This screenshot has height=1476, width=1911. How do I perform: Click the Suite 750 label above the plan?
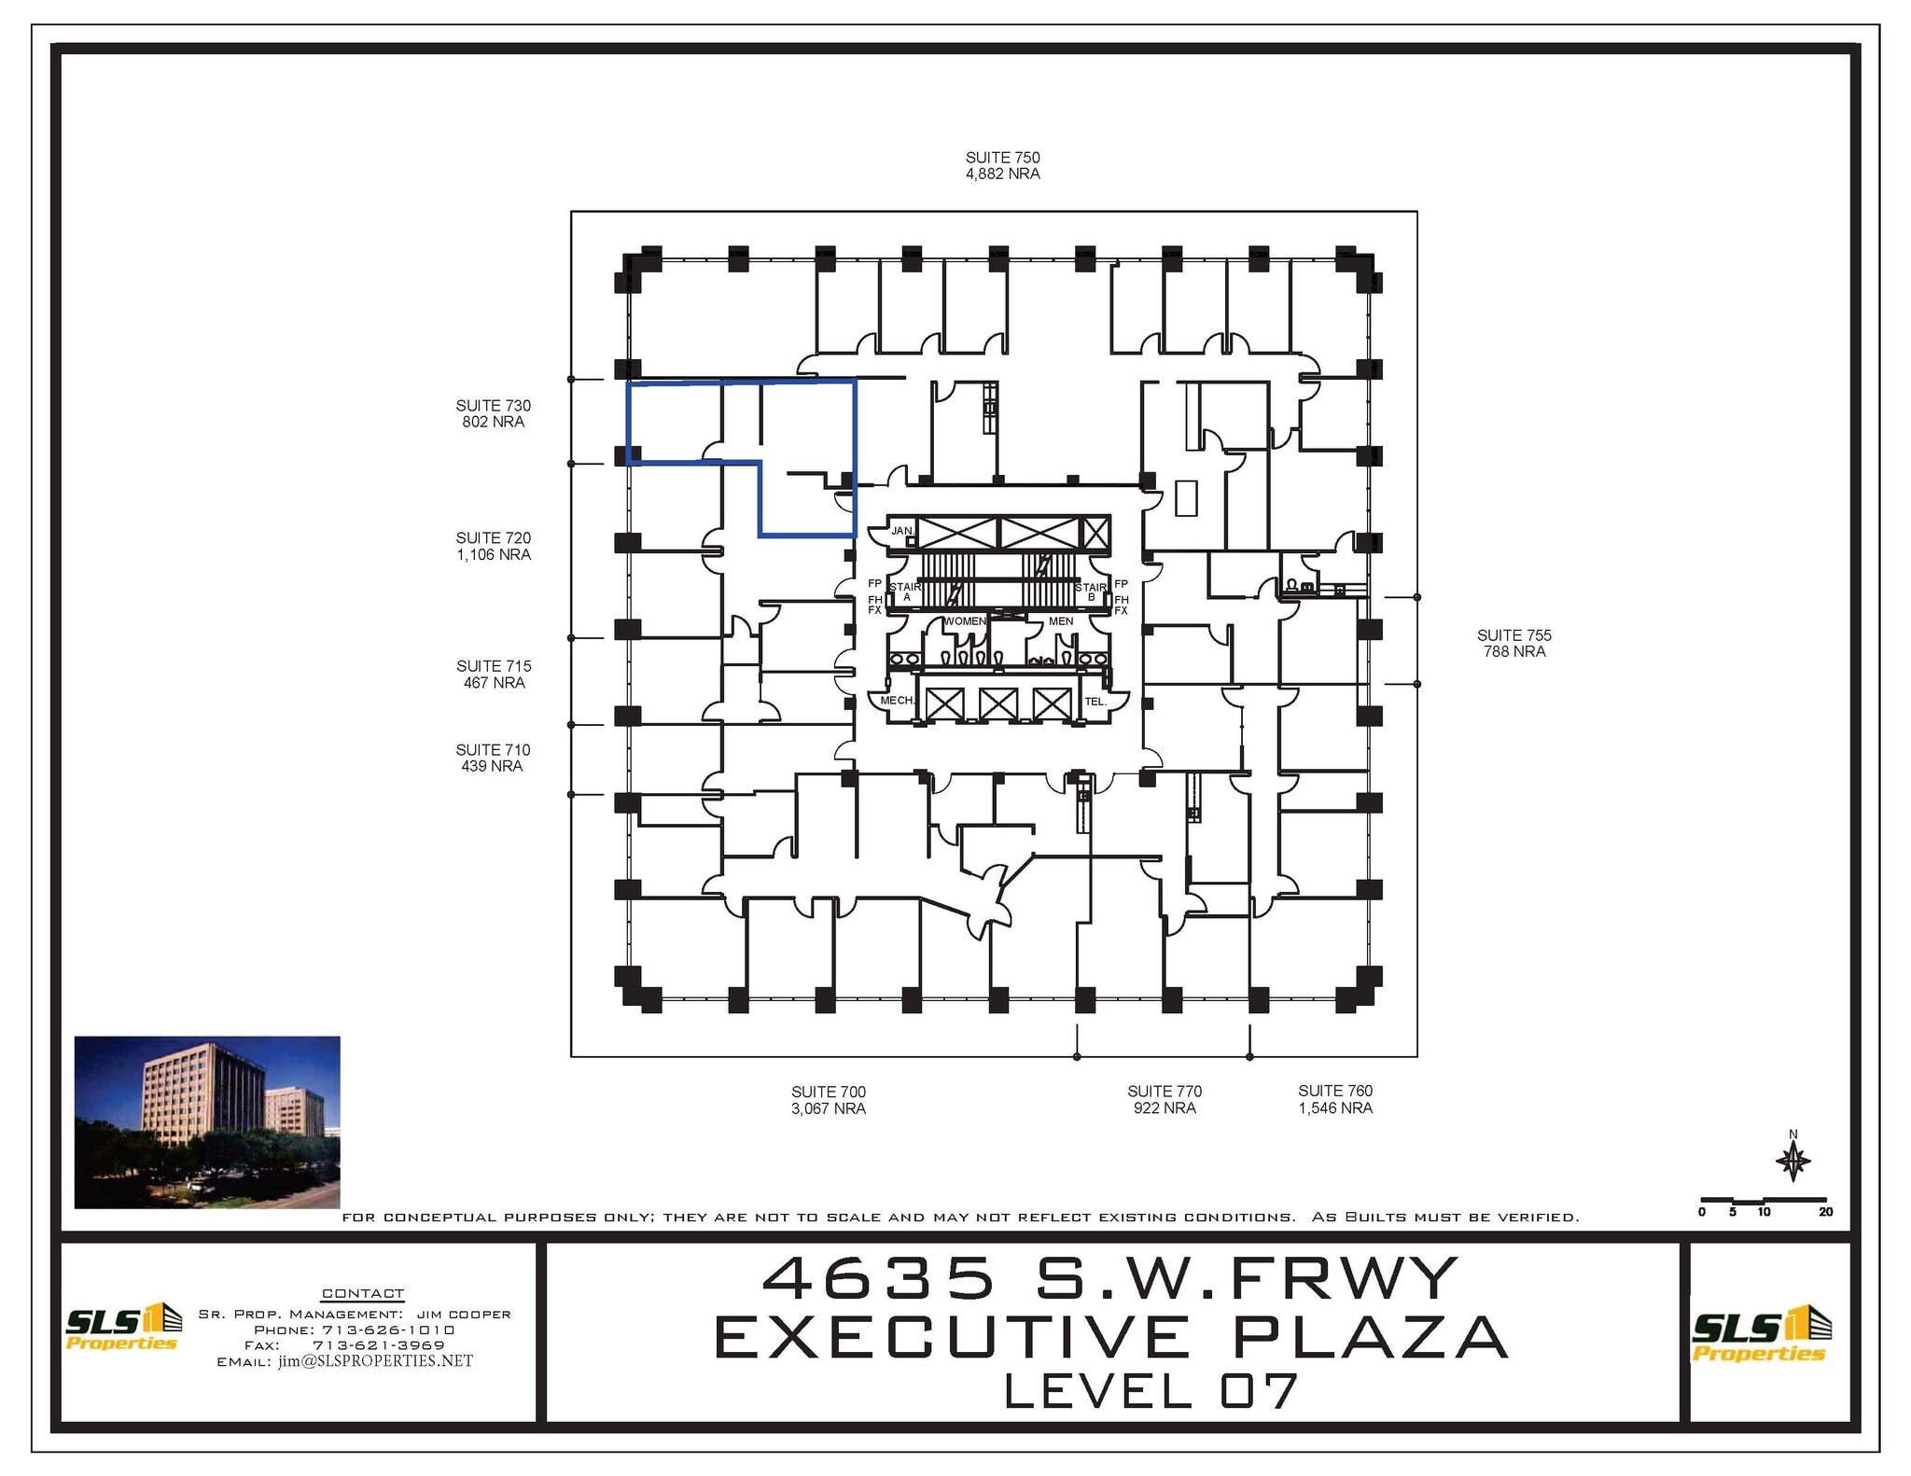[x=1002, y=158]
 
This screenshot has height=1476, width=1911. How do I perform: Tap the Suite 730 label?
[x=493, y=406]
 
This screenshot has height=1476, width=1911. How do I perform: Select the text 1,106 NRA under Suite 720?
[x=494, y=554]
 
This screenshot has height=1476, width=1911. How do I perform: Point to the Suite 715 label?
[x=494, y=666]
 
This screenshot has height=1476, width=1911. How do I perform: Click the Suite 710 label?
[x=493, y=750]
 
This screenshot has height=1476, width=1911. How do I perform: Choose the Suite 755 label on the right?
[x=1513, y=635]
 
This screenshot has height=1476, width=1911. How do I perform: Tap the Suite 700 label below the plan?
[x=828, y=1092]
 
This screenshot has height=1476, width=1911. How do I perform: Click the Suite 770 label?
[x=1164, y=1091]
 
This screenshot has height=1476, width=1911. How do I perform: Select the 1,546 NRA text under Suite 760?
[x=1335, y=1108]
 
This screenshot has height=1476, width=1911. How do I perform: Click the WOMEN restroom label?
[x=964, y=621]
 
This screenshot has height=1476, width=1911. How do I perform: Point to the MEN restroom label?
[x=1061, y=621]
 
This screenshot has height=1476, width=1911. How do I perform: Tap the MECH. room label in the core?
[x=897, y=700]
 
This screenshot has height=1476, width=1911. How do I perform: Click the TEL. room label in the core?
[x=1095, y=701]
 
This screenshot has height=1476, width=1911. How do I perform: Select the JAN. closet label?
[x=901, y=531]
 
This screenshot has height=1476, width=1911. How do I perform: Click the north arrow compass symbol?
[x=1792, y=1162]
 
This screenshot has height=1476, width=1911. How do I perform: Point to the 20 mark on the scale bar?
[x=1825, y=1212]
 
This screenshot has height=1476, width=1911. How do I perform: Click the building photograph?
[x=207, y=1121]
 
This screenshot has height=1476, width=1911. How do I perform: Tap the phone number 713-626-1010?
[x=388, y=1330]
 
